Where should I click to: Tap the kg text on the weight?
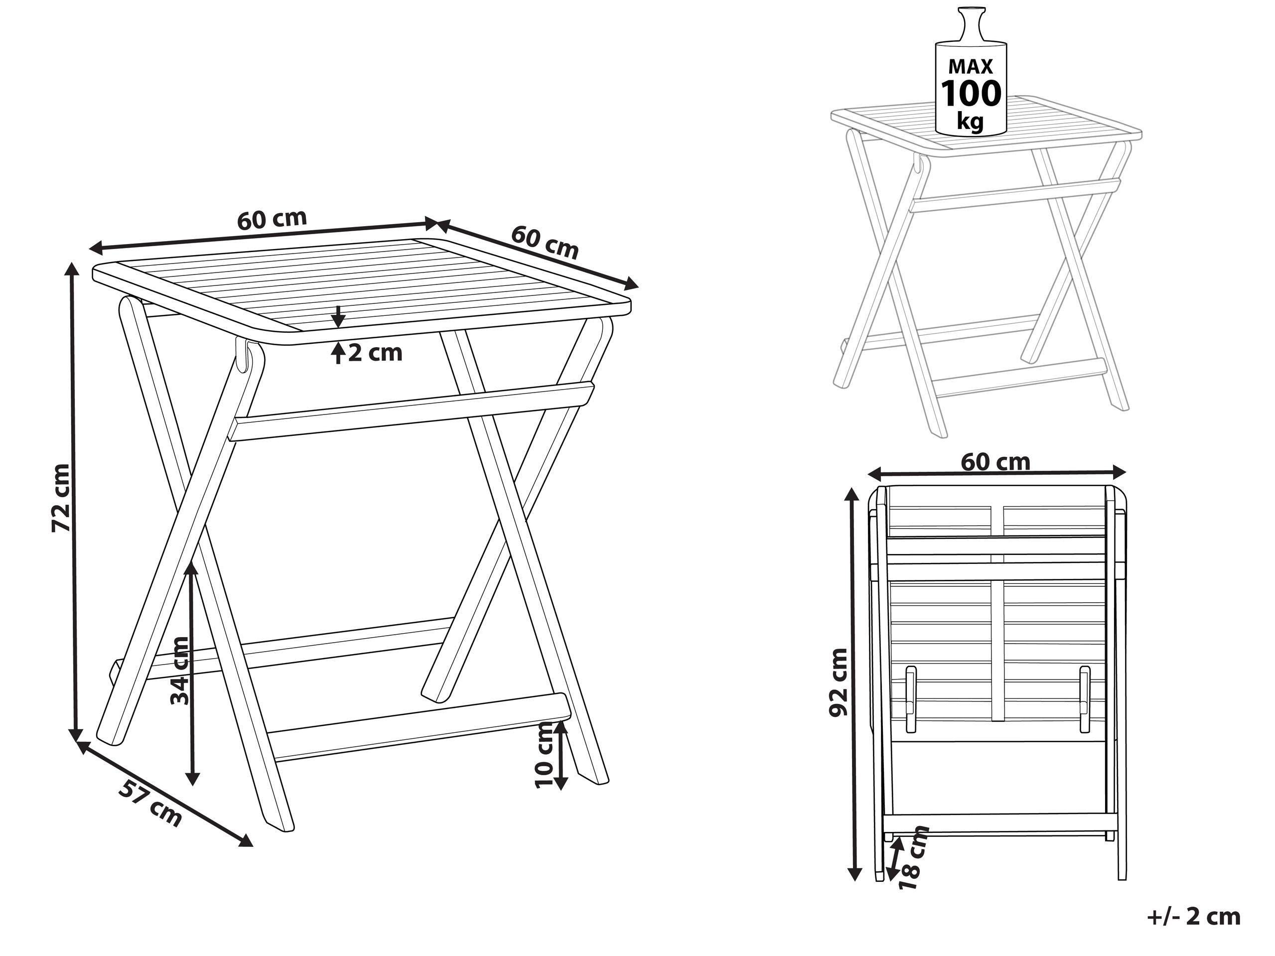(971, 121)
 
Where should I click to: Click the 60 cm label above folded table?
(995, 462)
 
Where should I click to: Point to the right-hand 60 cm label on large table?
(544, 242)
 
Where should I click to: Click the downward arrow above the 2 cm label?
(338, 316)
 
